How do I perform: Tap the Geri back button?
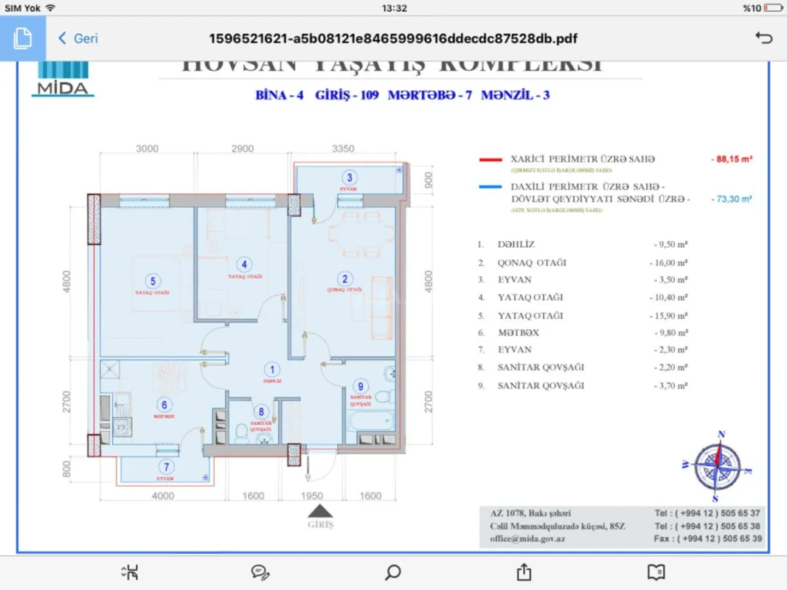tap(77, 38)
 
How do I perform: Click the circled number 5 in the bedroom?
tap(153, 280)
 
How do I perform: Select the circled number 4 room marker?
tap(245, 264)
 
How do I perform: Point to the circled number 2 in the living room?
tap(344, 278)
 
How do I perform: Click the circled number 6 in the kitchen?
tap(164, 403)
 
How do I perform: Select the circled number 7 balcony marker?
tap(167, 466)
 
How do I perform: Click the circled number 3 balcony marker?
tap(350, 177)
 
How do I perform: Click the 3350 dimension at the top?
tap(343, 148)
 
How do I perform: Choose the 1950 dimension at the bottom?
tap(311, 496)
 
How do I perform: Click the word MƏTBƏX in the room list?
tap(515, 333)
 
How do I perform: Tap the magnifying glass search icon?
tap(393, 572)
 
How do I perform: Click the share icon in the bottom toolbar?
tap(524, 572)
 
